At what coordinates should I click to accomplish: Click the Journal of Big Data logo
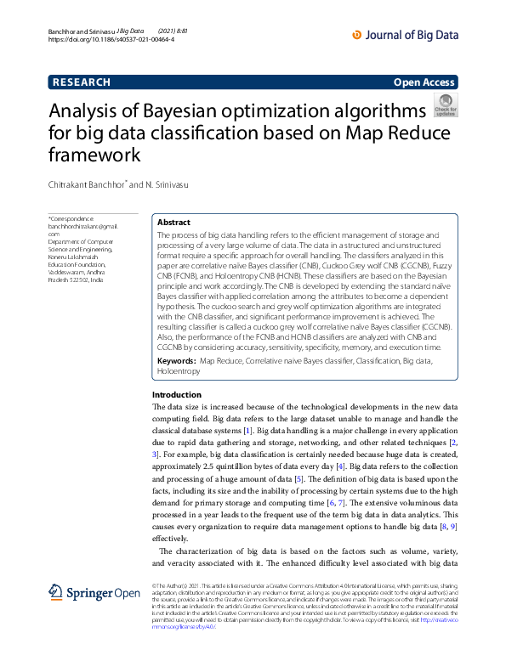click(405, 35)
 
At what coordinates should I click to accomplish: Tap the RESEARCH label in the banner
click(82, 82)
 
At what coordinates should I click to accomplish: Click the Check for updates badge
click(445, 106)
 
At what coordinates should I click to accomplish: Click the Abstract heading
click(173, 222)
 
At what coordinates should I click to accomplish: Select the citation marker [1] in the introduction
click(247, 432)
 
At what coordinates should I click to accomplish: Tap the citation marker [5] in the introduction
click(298, 480)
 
